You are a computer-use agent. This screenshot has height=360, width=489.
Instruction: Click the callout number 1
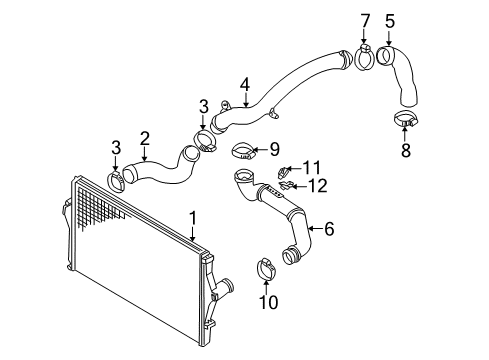[x=193, y=218]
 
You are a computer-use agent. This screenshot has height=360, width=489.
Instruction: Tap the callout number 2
[x=145, y=139]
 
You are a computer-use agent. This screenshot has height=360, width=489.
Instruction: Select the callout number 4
[x=245, y=85]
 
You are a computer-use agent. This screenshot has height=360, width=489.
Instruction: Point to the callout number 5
[x=390, y=21]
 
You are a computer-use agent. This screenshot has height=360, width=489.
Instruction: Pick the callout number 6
[x=329, y=229]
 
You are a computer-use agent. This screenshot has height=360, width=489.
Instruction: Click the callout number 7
[x=365, y=21]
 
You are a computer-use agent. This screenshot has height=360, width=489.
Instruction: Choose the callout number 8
[x=405, y=150]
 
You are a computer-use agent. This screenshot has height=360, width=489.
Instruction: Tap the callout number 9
[x=274, y=149]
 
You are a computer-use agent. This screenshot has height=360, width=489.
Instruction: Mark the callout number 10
[x=269, y=302]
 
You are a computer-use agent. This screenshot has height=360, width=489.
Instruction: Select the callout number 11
[x=311, y=168]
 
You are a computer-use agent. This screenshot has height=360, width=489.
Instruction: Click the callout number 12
[x=317, y=186]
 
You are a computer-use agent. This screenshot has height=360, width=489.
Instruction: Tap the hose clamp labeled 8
[x=406, y=119]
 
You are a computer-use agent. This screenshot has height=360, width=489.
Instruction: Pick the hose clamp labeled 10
[x=266, y=269]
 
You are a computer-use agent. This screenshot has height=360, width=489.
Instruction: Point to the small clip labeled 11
[x=283, y=172]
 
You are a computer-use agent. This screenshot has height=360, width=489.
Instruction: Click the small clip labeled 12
[x=287, y=185]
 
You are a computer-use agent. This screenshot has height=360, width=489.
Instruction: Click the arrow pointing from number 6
[x=315, y=229]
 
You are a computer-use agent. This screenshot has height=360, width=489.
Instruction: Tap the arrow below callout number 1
[x=193, y=234]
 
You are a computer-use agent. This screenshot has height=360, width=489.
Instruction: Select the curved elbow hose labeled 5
[x=400, y=75]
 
